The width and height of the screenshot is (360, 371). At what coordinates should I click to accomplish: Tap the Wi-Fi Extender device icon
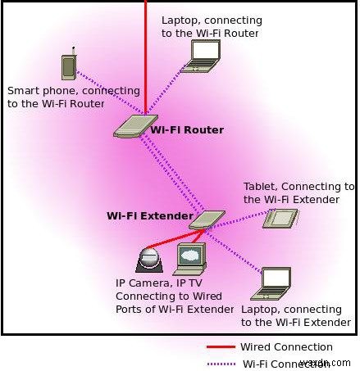[x=207, y=219]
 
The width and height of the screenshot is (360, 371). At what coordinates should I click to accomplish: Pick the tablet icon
[x=280, y=218]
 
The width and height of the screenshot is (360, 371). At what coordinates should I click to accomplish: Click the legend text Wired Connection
[x=285, y=347]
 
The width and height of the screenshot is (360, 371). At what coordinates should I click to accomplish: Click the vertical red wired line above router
[x=145, y=49]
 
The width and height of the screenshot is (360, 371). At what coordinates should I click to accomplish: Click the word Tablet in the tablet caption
[x=260, y=187]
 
